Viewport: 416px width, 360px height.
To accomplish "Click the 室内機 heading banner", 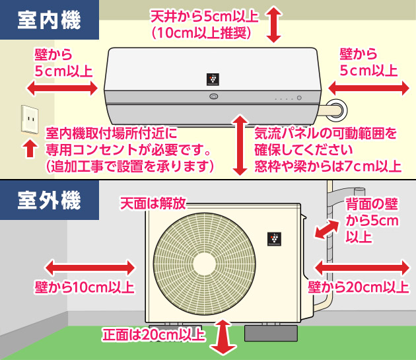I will coord(50,20).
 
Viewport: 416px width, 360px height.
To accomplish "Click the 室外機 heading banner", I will coord(50,198).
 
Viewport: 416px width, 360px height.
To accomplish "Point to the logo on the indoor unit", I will coord(211,79).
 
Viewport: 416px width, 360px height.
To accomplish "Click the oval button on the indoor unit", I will coord(213,97).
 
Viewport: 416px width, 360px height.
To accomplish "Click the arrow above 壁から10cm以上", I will coord(90,267).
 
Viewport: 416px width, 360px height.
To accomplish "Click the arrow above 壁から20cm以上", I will coord(361,267).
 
